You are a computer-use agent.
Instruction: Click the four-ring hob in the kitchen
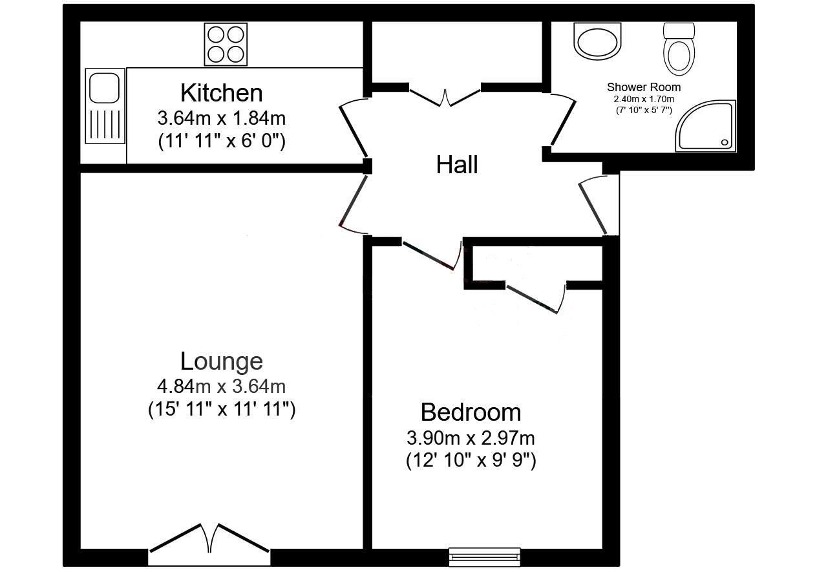pos(226,44)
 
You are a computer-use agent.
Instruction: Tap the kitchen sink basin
pos(103,87)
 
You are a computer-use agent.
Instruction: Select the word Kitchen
pos(221,93)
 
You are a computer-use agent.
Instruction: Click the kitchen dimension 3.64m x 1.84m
pos(221,119)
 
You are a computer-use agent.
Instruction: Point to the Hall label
pos(457,165)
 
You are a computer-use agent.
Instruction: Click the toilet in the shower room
pos(678,49)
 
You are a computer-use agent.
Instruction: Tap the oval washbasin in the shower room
pos(598,42)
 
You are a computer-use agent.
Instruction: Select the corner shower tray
pos(708,127)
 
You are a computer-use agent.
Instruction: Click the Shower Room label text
pos(643,87)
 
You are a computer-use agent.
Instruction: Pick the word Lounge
pos(221,361)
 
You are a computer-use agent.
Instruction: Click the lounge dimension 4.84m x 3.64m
pos(221,387)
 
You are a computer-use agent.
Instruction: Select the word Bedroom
pos(471,412)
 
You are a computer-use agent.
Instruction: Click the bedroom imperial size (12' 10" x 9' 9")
pos(471,461)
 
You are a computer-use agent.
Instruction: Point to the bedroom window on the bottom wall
pos(485,556)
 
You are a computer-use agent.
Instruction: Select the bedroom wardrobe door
pos(535,299)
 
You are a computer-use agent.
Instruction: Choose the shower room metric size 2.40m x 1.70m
pos(643,100)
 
